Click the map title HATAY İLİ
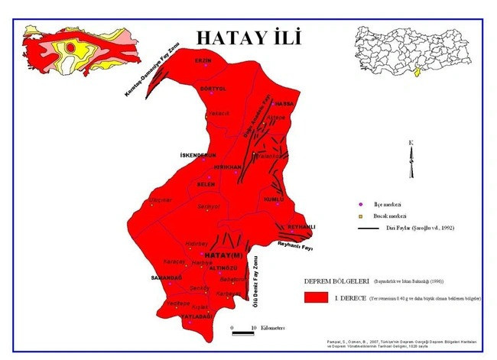click(248, 37)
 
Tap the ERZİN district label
click(203, 60)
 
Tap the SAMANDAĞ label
click(167, 277)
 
